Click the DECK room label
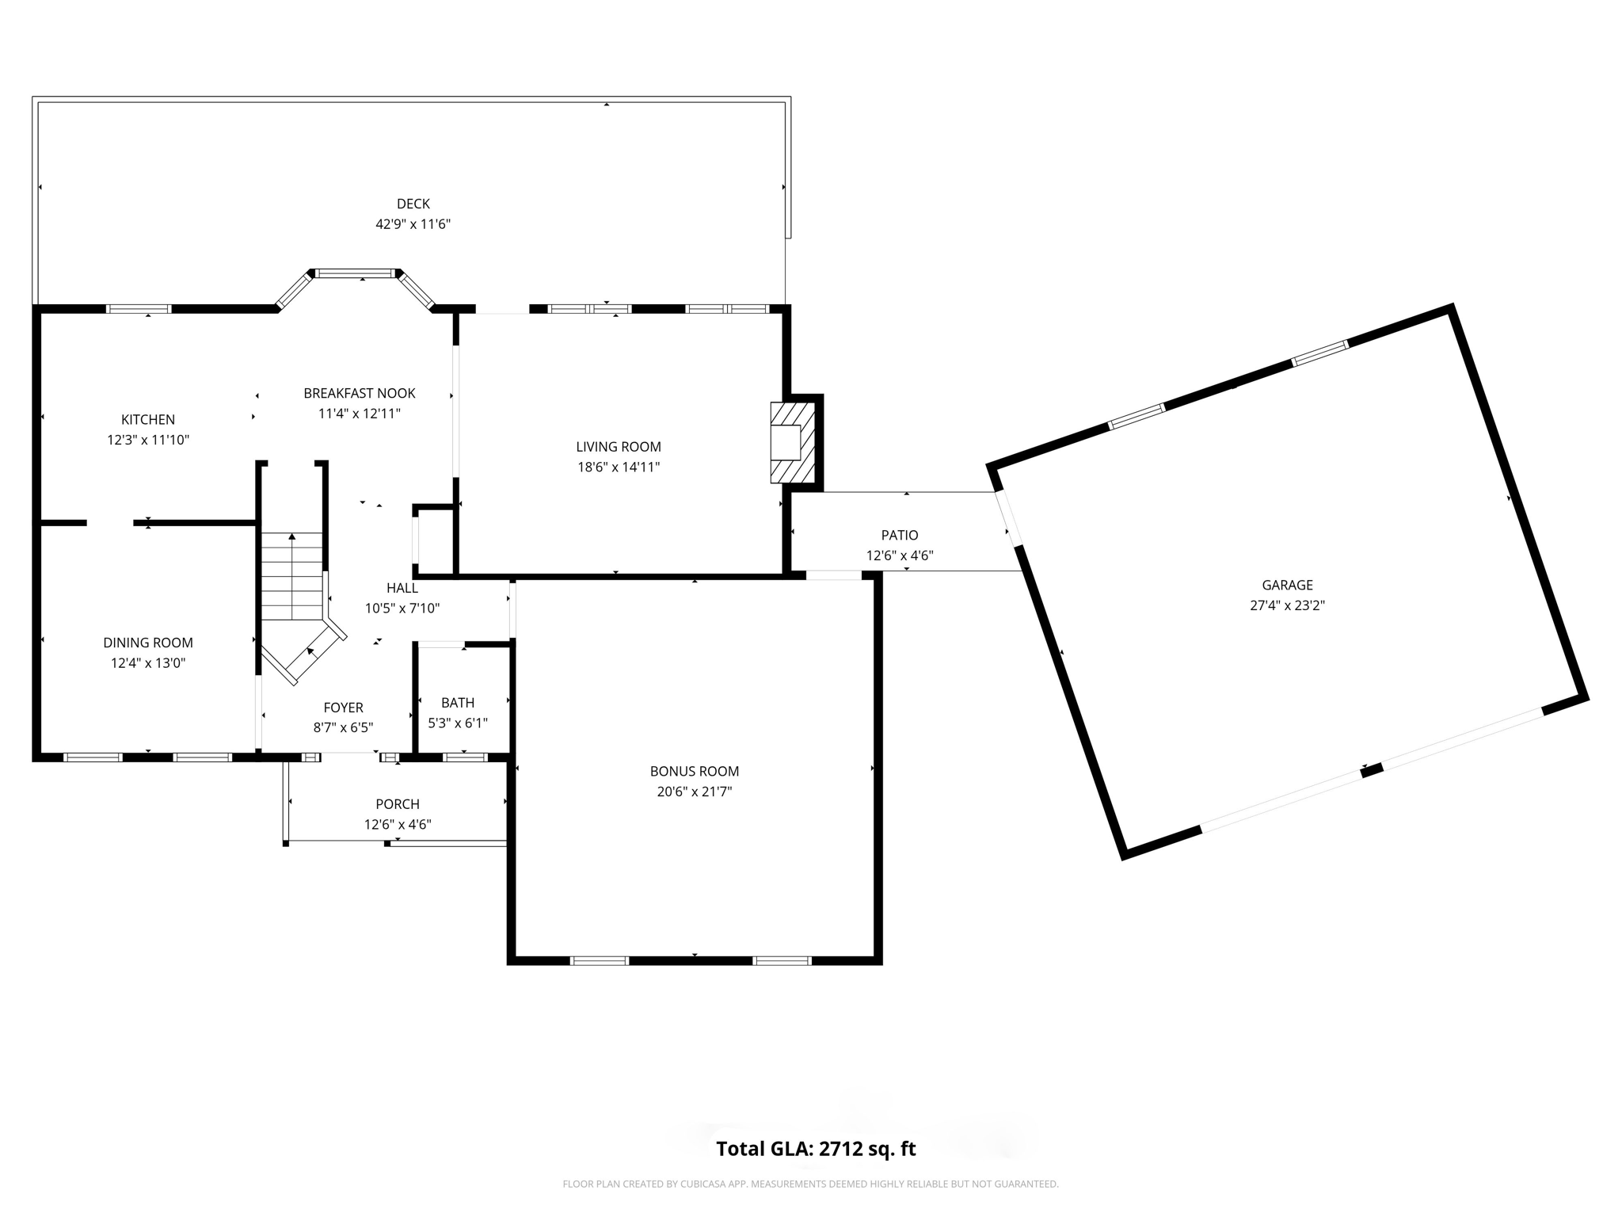click(413, 204)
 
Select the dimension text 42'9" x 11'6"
click(413, 224)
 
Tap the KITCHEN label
click(148, 419)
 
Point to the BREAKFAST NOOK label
click(360, 393)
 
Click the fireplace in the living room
click(792, 443)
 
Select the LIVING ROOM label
click(618, 447)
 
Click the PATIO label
click(900, 536)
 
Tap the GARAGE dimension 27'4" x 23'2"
click(1287, 605)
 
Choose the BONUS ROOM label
click(694, 771)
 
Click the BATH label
click(458, 703)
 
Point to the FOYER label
click(343, 708)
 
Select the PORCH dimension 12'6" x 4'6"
click(398, 824)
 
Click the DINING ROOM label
click(148, 643)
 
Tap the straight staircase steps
click(292, 576)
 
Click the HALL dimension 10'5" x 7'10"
click(402, 608)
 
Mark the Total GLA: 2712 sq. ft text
click(816, 1149)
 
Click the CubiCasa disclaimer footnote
click(810, 1185)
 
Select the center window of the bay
click(356, 273)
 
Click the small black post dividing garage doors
click(1372, 769)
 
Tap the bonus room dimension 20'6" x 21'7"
click(694, 792)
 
